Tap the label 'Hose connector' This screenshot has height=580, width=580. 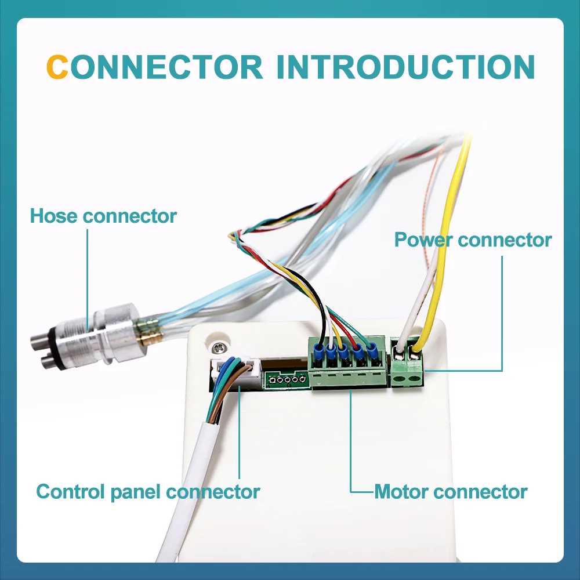tap(103, 216)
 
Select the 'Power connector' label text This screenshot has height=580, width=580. tap(473, 240)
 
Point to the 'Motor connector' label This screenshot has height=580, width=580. tap(451, 492)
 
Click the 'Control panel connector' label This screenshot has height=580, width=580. tap(148, 492)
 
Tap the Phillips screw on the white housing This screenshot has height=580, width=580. tap(219, 349)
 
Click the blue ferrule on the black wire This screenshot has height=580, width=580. tap(318, 352)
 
